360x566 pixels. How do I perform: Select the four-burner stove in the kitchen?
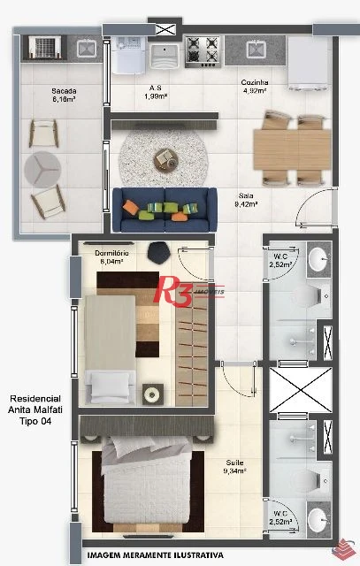[x=203, y=51]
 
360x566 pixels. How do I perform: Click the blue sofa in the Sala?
[x=165, y=210]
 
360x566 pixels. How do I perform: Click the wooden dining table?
[x=292, y=149]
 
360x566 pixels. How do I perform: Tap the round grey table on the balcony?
[x=42, y=169]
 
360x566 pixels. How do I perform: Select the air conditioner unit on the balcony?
[x=44, y=47]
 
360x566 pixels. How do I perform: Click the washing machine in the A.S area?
[x=128, y=55]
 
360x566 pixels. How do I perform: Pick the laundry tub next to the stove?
[x=165, y=56]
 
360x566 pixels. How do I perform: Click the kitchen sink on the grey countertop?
[x=256, y=50]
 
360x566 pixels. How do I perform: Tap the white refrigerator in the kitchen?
[x=309, y=63]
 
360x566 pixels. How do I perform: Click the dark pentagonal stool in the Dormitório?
[x=159, y=253]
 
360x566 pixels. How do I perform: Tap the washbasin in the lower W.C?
[x=319, y=519]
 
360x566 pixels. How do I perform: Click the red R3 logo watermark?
[x=172, y=291]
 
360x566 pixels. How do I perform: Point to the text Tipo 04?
[x=35, y=421]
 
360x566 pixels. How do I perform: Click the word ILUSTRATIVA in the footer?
[x=199, y=555]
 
